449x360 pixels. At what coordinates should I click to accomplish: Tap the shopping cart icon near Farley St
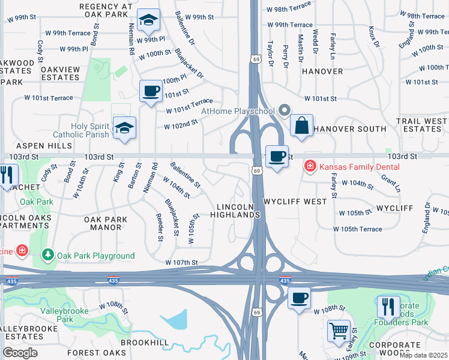coord(339,330)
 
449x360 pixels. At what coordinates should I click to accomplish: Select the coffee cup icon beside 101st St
coord(150,91)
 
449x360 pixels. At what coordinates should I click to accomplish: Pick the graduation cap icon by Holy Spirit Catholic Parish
coord(125,127)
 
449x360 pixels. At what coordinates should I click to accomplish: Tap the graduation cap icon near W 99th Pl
coord(148,20)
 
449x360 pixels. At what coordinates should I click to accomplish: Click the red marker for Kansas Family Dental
coord(310,165)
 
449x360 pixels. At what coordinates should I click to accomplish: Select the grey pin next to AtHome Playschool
coord(285,110)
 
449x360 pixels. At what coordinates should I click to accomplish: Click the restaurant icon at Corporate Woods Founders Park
coord(388,307)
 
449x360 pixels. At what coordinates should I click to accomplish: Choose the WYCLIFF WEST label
coord(295,202)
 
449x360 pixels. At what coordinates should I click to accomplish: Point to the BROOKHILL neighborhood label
coord(144,341)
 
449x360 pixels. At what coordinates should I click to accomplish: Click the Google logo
coord(20,353)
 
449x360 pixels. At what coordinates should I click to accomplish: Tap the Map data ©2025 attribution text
coord(423,355)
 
